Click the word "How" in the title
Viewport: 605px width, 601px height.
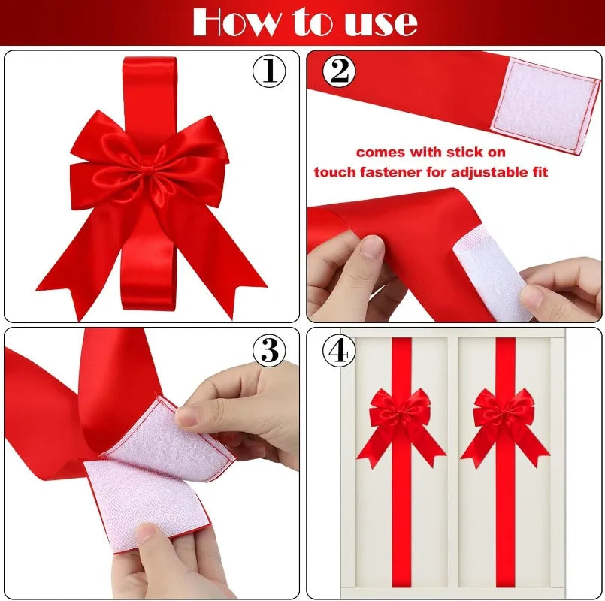click(228, 22)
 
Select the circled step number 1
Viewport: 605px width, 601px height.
click(268, 71)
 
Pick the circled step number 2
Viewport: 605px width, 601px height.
click(340, 71)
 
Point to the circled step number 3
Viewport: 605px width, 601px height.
click(268, 350)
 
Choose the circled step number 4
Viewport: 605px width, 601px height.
click(340, 350)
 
